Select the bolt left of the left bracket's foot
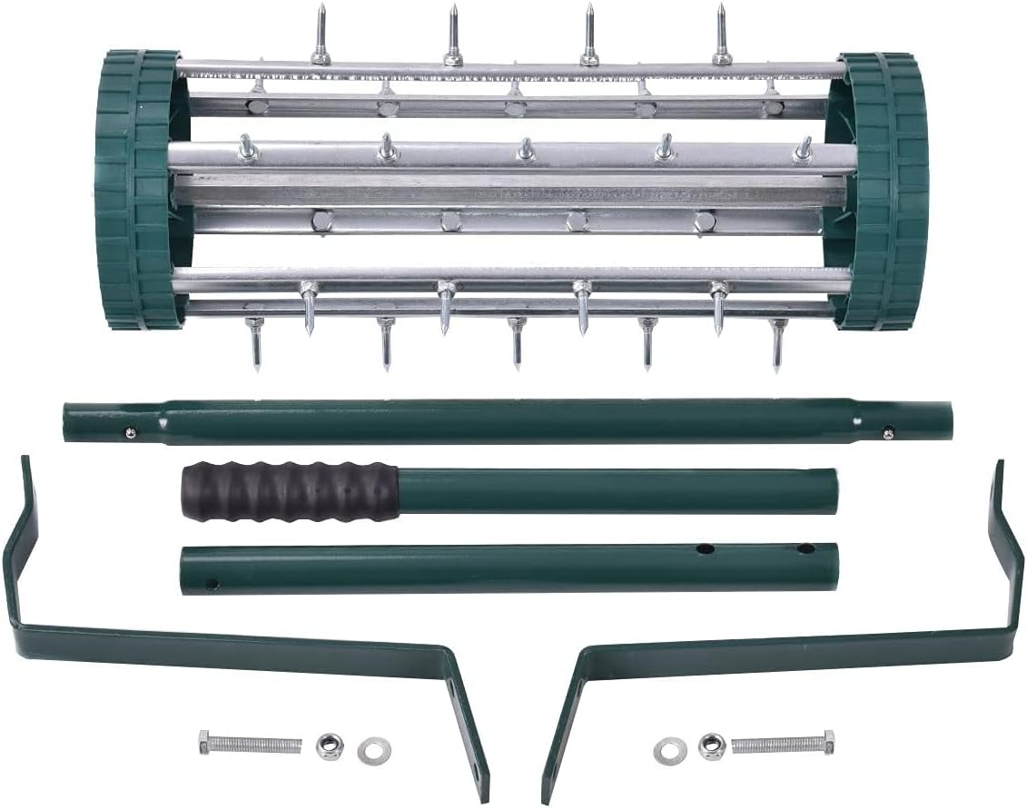coord(250,745)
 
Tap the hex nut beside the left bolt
coord(330,746)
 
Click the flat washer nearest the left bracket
coord(370,751)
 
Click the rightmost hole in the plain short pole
coord(805,549)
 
